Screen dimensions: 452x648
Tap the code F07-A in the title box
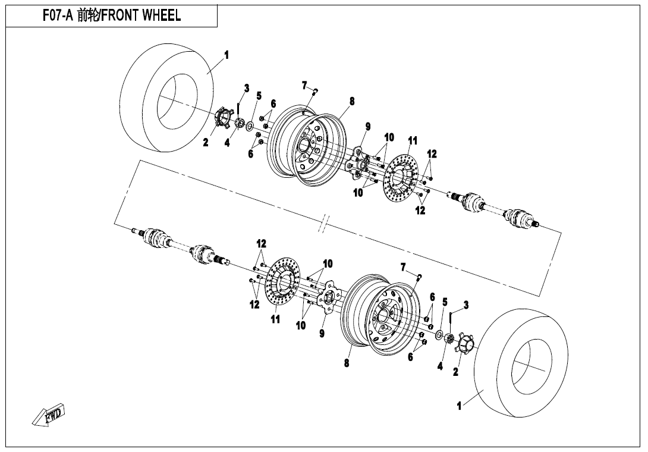pos(57,16)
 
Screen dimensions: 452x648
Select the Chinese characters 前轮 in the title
pos(87,16)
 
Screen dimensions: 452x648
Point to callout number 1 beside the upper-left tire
pos(227,55)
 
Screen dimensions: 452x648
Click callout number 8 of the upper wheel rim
pos(352,102)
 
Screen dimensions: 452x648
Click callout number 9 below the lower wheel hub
pos(322,334)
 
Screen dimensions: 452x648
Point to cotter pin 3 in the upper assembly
pos(238,110)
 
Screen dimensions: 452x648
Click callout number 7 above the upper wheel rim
pos(304,85)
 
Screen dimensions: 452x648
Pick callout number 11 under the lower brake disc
pos(275,319)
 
